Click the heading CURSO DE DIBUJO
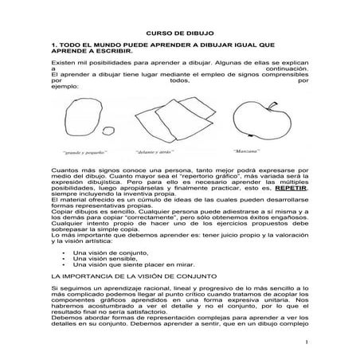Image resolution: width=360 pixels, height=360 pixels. tap(179, 23)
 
